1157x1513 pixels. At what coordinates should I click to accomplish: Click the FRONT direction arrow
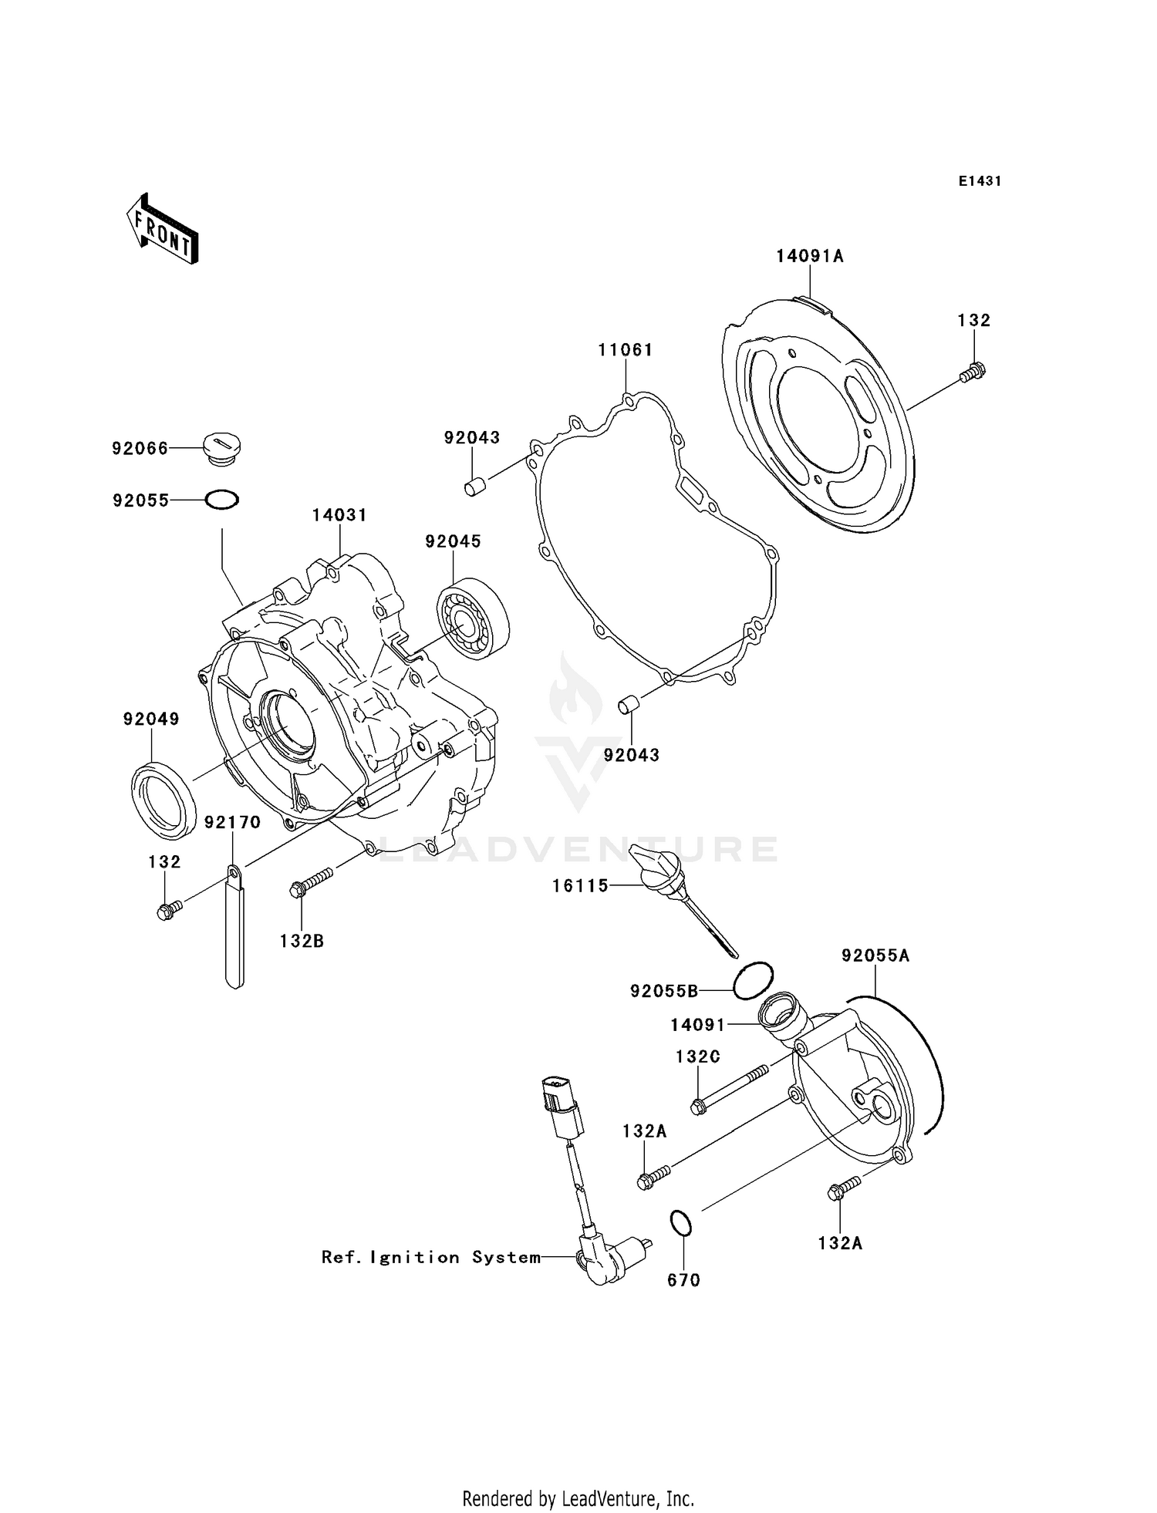163,230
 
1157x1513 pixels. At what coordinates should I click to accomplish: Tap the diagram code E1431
980,181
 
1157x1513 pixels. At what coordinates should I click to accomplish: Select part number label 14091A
809,257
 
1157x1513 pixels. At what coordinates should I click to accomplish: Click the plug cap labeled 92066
222,448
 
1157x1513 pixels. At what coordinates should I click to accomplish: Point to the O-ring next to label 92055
222,500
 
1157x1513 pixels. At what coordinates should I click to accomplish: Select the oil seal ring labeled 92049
161,799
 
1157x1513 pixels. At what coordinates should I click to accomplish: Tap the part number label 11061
625,350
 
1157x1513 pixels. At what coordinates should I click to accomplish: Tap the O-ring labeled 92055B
753,981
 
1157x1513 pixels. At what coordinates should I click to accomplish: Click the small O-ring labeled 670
680,1224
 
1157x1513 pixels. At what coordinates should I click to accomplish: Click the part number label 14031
339,515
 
